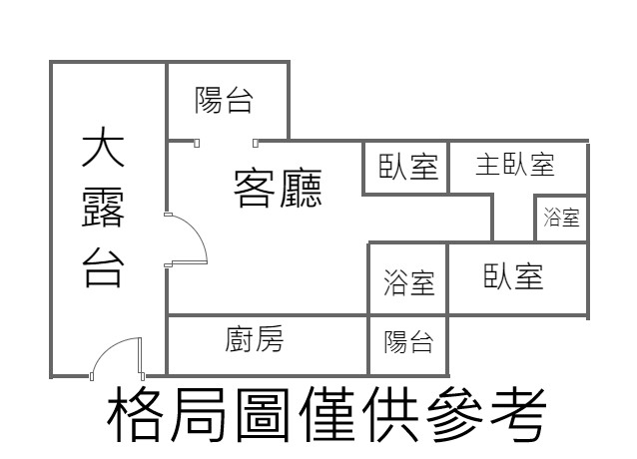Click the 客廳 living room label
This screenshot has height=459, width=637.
tap(278, 187)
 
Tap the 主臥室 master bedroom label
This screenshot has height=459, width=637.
tap(514, 164)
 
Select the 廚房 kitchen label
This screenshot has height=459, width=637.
tap(255, 340)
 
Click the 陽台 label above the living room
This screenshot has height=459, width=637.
tap(224, 100)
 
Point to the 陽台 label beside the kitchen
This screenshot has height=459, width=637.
tap(408, 343)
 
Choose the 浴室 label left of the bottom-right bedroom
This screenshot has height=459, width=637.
tap(409, 283)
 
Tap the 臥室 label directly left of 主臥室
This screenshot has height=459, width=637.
tap(408, 166)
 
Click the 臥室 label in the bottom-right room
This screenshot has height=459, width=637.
tap(513, 276)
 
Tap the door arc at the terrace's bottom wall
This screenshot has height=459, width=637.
tap(114, 357)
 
